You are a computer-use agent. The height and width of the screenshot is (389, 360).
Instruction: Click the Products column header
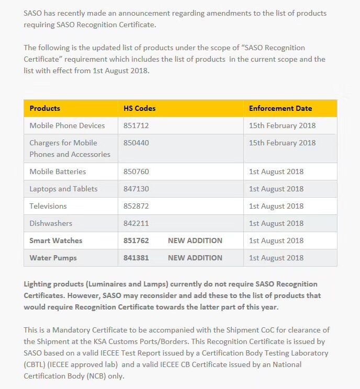coord(45,109)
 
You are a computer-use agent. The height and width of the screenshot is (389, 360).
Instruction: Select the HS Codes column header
coord(140,109)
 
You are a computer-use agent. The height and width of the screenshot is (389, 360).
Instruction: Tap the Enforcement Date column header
coord(280,109)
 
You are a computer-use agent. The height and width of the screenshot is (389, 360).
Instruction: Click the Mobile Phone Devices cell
coord(67,125)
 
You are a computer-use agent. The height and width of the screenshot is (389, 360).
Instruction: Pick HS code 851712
coord(136,125)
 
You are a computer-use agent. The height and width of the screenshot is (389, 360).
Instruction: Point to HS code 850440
coord(136,143)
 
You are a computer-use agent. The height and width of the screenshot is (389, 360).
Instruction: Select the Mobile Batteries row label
coord(58,171)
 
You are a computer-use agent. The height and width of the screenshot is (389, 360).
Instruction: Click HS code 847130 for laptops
coord(136,189)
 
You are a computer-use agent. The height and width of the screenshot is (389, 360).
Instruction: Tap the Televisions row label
coord(48,206)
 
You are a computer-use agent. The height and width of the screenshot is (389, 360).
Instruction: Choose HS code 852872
coord(136,206)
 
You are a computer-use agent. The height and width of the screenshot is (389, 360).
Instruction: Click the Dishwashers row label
coord(51,223)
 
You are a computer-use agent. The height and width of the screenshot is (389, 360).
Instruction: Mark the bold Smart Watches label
coord(56,241)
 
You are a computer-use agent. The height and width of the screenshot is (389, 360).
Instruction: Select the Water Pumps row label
coord(53,258)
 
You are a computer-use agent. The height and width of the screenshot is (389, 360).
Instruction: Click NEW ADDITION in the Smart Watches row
coord(195,241)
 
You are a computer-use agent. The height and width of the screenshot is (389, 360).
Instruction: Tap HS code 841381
coord(136,258)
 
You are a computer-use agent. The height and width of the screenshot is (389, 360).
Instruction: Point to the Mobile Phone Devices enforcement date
coord(282,125)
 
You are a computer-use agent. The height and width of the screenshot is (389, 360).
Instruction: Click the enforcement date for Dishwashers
coord(276,223)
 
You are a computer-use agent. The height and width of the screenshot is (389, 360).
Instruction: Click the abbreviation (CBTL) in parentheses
coord(36,365)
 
